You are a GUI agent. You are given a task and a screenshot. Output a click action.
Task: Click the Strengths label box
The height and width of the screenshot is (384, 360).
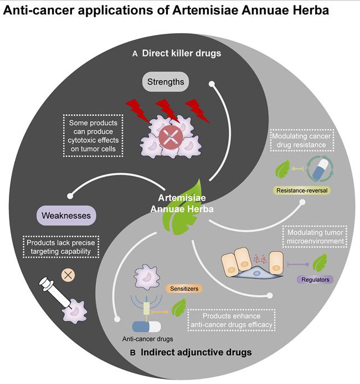pyautogui.click(x=166, y=82)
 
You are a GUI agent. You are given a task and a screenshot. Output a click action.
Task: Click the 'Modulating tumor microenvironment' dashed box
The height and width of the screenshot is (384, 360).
pyautogui.click(x=314, y=237)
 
